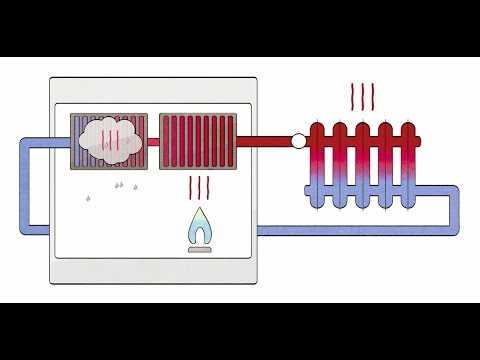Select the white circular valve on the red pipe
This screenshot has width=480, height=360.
(297, 142)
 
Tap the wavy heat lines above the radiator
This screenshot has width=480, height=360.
(362, 97)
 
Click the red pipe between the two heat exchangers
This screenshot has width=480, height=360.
(155, 141)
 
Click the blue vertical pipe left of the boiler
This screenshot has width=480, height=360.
(26, 185)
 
